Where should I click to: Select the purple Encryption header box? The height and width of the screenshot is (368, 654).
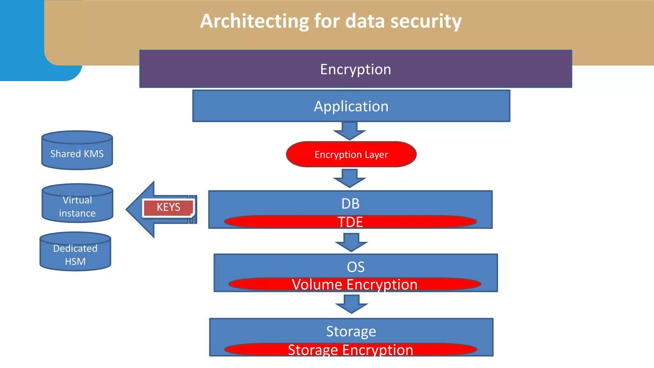[355, 69]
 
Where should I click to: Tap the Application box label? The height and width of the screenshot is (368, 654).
[351, 106]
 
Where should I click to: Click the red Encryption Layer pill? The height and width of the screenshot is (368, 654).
[351, 155]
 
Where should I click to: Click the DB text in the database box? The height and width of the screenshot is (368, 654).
[350, 203]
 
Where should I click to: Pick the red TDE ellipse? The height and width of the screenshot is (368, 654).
[350, 222]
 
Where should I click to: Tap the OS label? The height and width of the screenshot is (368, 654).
[355, 267]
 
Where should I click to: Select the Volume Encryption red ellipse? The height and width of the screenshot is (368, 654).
[354, 284]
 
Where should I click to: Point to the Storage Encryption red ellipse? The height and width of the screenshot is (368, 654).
[350, 350]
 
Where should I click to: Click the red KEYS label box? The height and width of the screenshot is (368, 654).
[168, 207]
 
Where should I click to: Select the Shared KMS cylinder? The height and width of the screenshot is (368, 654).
[77, 154]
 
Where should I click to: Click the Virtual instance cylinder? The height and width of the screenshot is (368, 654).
[77, 206]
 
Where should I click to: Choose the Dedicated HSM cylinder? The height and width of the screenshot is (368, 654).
[75, 255]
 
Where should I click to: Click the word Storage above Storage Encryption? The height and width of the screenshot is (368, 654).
[351, 331]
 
